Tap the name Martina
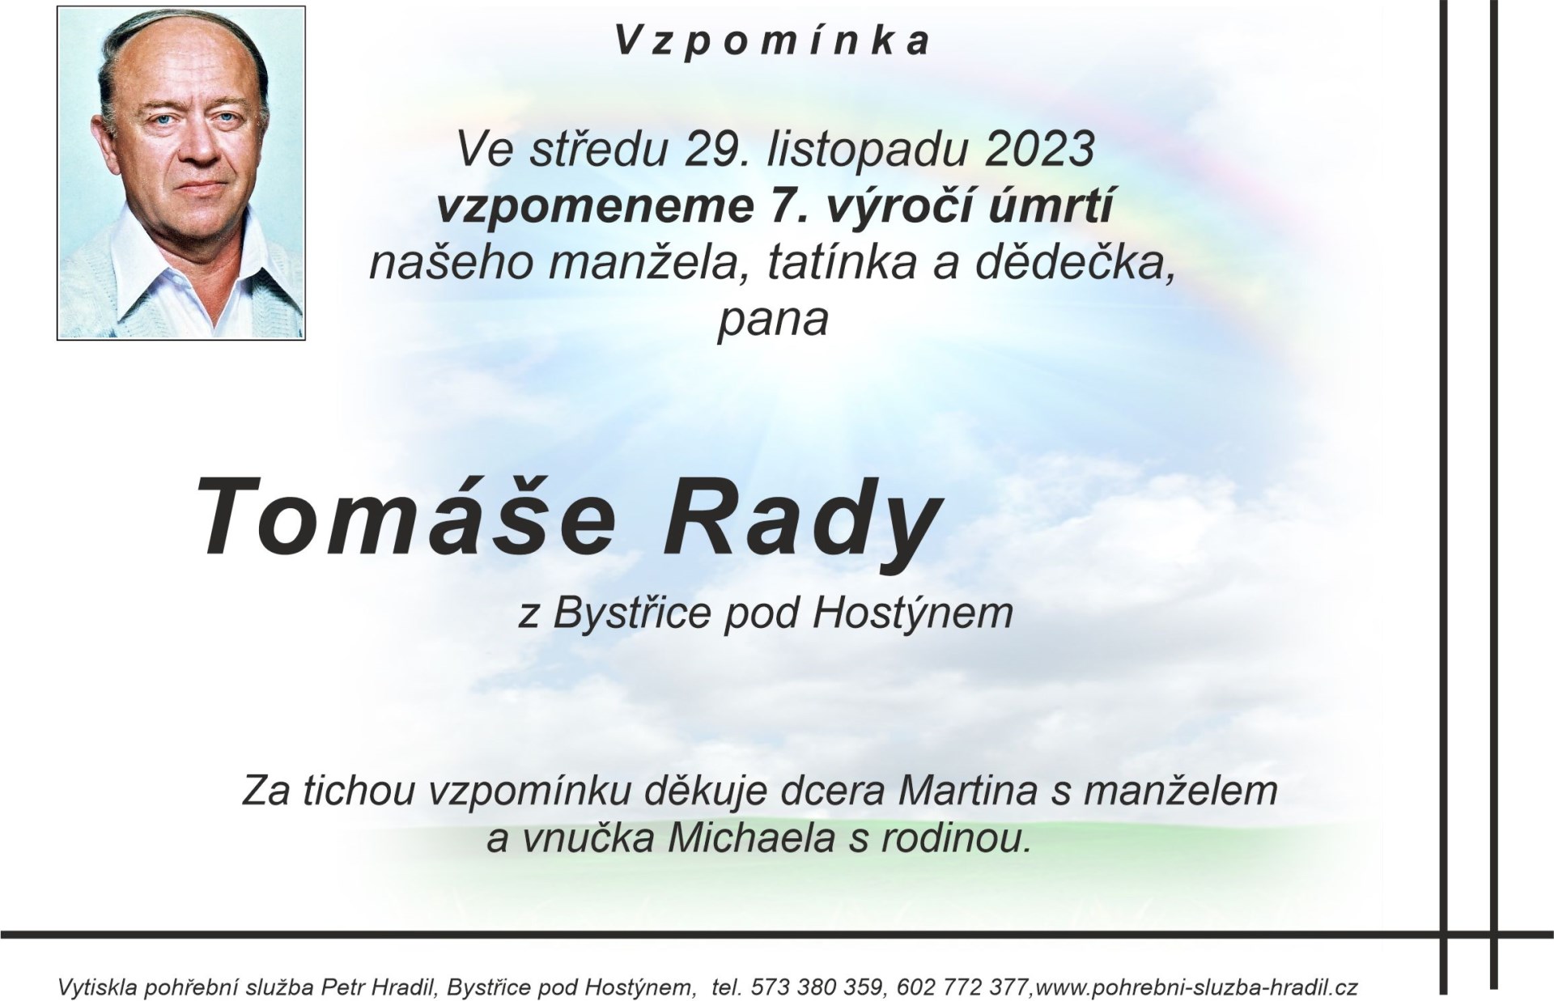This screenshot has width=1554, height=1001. tap(968, 791)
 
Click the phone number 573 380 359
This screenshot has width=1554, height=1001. tap(820, 988)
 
